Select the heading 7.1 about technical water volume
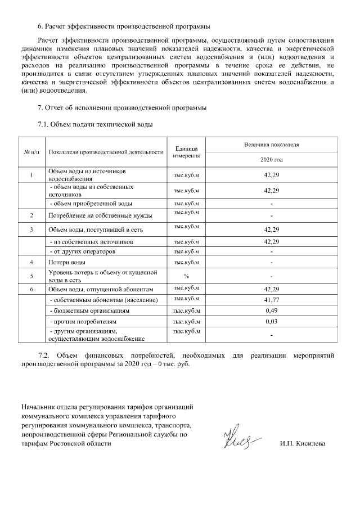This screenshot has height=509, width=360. pos(95,124)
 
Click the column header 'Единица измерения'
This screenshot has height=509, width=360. pos(186,151)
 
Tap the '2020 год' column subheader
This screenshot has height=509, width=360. pos(271,160)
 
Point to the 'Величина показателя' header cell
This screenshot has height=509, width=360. pos(271,145)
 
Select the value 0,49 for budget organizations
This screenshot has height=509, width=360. pos(271,310)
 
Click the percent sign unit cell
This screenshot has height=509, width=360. pos(186,276)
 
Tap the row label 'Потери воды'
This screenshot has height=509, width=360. pos(67,263)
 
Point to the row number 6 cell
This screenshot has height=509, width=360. pos(32,289)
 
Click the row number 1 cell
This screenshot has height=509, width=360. pos(32,174)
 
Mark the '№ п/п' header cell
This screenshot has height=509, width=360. pos(32,152)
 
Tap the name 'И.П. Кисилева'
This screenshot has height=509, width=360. pos(302,444)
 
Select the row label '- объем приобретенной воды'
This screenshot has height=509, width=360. pos(91,204)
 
